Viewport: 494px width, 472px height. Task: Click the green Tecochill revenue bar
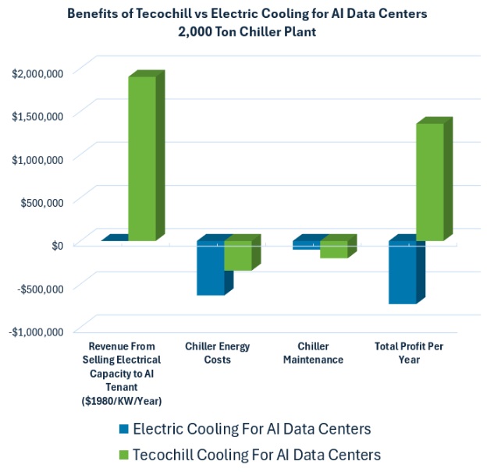[142, 158]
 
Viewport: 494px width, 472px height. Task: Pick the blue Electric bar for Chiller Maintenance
[306, 245]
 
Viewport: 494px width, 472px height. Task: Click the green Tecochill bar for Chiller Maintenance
[333, 249]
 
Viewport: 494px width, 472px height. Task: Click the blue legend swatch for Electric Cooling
[123, 429]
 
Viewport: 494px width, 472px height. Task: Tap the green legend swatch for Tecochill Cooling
[123, 454]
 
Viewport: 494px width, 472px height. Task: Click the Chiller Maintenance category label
[322, 353]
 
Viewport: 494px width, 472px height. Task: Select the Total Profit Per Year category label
[418, 353]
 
